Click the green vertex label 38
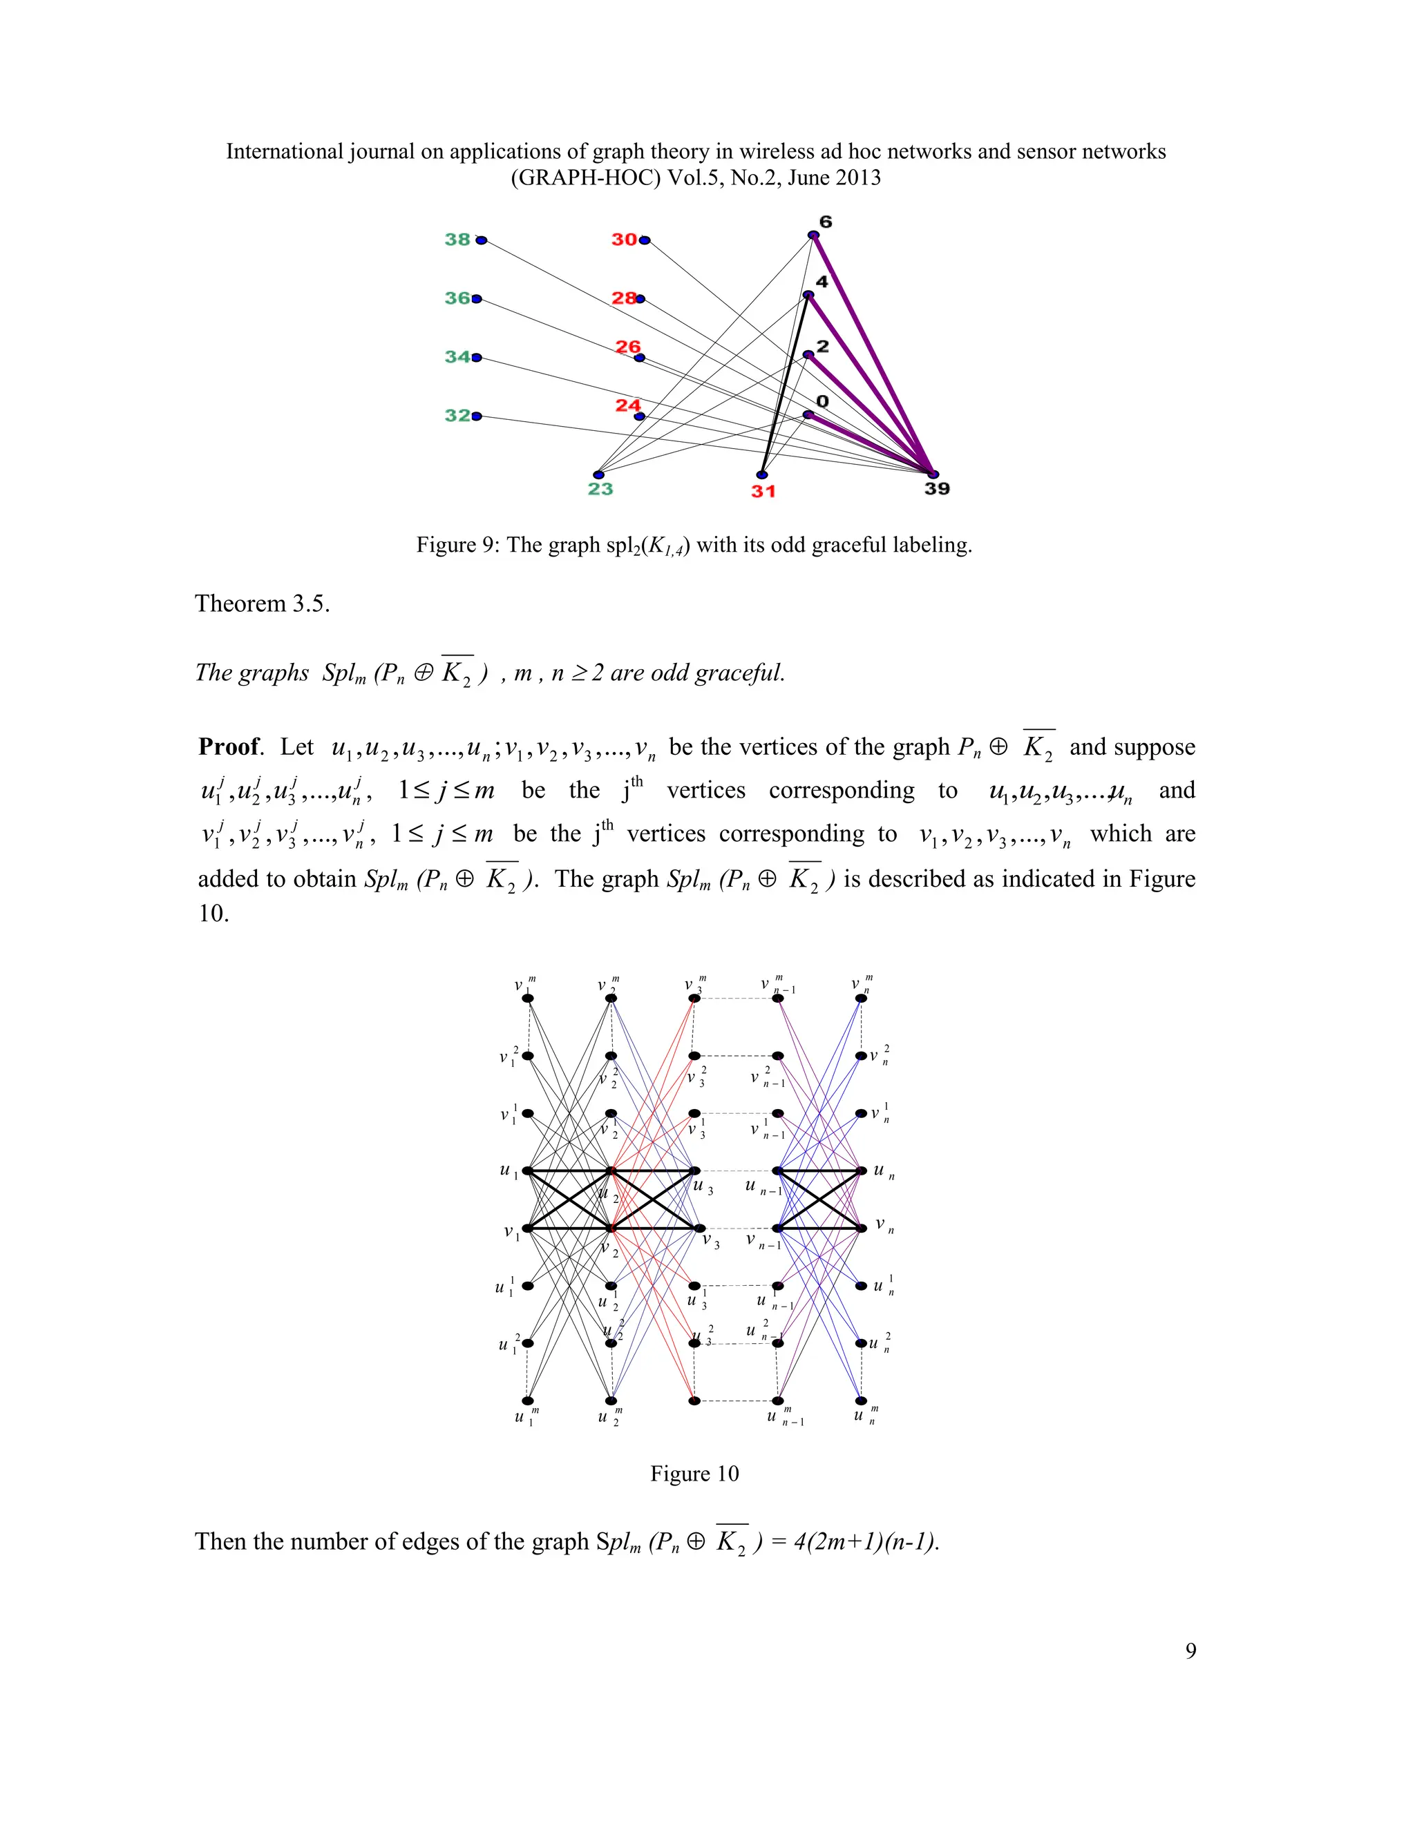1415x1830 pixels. (x=457, y=240)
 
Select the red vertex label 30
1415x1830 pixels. (x=624, y=240)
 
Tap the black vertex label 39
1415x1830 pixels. (x=937, y=488)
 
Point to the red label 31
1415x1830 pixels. (x=763, y=491)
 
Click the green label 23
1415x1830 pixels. (x=600, y=488)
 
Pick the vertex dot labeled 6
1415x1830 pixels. (x=813, y=235)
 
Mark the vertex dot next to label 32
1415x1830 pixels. (x=477, y=416)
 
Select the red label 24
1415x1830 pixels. (x=628, y=405)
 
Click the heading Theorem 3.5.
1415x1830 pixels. (x=263, y=604)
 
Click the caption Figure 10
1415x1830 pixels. (x=694, y=1473)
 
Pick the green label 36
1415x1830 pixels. (x=457, y=298)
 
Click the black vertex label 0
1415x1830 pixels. (x=822, y=401)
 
